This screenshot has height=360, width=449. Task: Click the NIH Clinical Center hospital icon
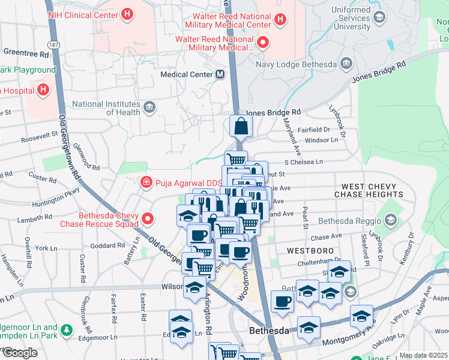coord(127,13)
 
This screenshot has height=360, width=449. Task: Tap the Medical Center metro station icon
coord(220,74)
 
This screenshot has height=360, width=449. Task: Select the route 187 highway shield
coord(55,45)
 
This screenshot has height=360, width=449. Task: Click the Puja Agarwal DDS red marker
coord(145,182)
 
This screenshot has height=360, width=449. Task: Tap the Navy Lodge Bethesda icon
coord(346,64)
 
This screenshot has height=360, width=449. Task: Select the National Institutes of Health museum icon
coord(149,108)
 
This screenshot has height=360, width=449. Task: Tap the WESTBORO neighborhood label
coord(306,250)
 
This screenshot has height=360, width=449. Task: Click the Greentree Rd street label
coord(26,53)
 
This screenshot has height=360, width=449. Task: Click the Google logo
coord(20,353)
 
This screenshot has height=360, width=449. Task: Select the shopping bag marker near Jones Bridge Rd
coord(241,126)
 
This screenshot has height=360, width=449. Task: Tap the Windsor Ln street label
coord(322,140)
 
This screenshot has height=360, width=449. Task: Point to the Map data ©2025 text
coord(423,355)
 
